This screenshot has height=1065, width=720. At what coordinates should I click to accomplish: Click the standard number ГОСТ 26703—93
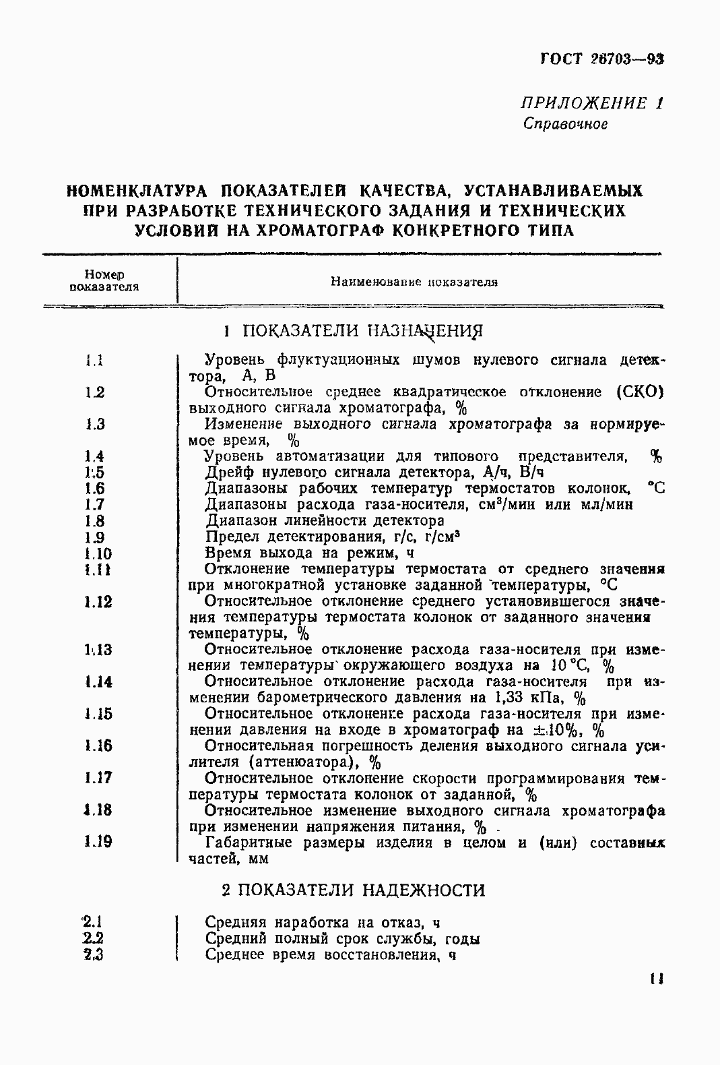click(x=602, y=59)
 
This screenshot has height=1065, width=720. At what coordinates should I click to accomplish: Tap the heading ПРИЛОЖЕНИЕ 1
click(x=591, y=103)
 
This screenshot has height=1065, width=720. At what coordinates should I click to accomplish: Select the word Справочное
click(x=565, y=125)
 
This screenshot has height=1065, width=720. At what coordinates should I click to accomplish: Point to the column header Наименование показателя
click(x=414, y=282)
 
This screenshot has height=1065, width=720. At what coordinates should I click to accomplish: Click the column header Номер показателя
click(x=104, y=280)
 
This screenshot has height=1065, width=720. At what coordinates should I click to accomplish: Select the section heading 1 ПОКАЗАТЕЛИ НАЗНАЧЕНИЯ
click(x=353, y=331)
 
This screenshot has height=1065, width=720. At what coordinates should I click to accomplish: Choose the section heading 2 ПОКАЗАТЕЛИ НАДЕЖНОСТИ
click(x=353, y=890)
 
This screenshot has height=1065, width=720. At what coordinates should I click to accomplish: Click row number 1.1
click(x=94, y=361)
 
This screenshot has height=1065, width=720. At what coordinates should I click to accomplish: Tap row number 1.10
click(x=98, y=554)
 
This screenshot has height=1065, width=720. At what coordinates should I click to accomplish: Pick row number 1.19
click(x=98, y=842)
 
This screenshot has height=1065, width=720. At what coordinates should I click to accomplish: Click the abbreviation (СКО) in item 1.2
click(x=639, y=392)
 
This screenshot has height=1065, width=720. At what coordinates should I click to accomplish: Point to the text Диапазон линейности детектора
click(x=325, y=521)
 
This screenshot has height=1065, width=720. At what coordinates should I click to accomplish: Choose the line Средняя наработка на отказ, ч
click(x=323, y=923)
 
